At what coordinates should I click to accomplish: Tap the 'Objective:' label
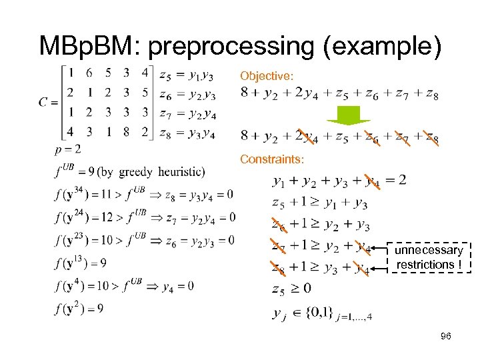tap(267, 77)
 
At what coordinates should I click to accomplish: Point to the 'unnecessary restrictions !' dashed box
tap(429, 257)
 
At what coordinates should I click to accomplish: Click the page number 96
tap(446, 337)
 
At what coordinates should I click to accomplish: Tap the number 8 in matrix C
tap(127, 131)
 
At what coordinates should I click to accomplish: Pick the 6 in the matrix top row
tap(89, 73)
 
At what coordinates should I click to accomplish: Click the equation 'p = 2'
tap(69, 148)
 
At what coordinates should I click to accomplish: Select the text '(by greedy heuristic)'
tap(151, 172)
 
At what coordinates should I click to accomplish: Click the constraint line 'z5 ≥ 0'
tap(291, 289)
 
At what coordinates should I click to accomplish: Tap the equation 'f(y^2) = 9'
tap(79, 309)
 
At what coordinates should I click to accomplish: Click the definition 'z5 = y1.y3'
tap(187, 74)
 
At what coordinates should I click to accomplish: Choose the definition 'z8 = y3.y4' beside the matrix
tap(187, 133)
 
